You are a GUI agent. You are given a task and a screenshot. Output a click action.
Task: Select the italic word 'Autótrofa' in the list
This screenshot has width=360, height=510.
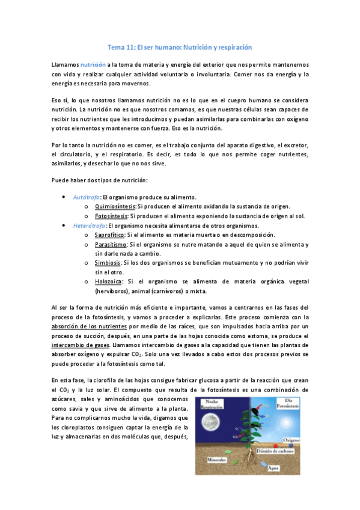pyautogui.click(x=85, y=197)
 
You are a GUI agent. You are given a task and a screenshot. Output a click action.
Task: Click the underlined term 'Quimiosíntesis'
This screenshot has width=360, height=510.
pyautogui.click(x=111, y=206)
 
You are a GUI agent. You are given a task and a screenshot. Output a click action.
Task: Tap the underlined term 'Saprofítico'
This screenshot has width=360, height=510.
pyautogui.click(x=109, y=235)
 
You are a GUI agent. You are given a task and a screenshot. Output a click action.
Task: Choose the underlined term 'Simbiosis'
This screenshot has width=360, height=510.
pyautogui.click(x=108, y=263)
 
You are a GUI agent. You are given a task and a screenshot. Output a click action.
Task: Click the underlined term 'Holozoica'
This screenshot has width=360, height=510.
pyautogui.click(x=108, y=281)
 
